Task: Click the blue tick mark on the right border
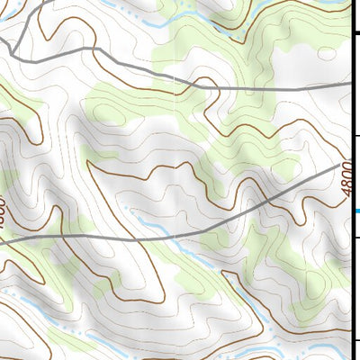(x=357, y=211)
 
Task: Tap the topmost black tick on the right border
(x=357, y=33)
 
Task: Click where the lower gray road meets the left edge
(x=3, y=241)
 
